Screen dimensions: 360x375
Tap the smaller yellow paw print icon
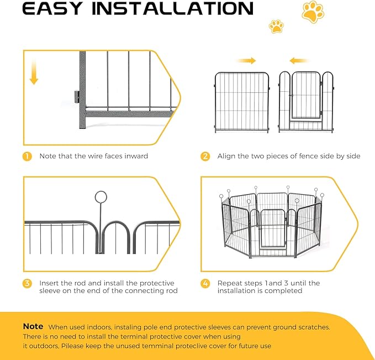(x=276, y=26)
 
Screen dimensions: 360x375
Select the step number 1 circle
(x=27, y=156)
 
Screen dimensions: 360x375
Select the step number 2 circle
(x=205, y=156)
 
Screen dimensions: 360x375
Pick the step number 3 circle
(x=27, y=283)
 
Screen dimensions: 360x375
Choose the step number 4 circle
(x=205, y=283)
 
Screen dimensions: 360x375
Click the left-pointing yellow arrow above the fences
(x=299, y=60)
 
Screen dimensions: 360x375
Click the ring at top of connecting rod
(x=101, y=197)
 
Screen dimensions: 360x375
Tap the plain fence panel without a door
(x=242, y=102)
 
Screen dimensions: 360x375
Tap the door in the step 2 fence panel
(x=305, y=97)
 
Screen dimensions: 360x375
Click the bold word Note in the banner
(x=33, y=326)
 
